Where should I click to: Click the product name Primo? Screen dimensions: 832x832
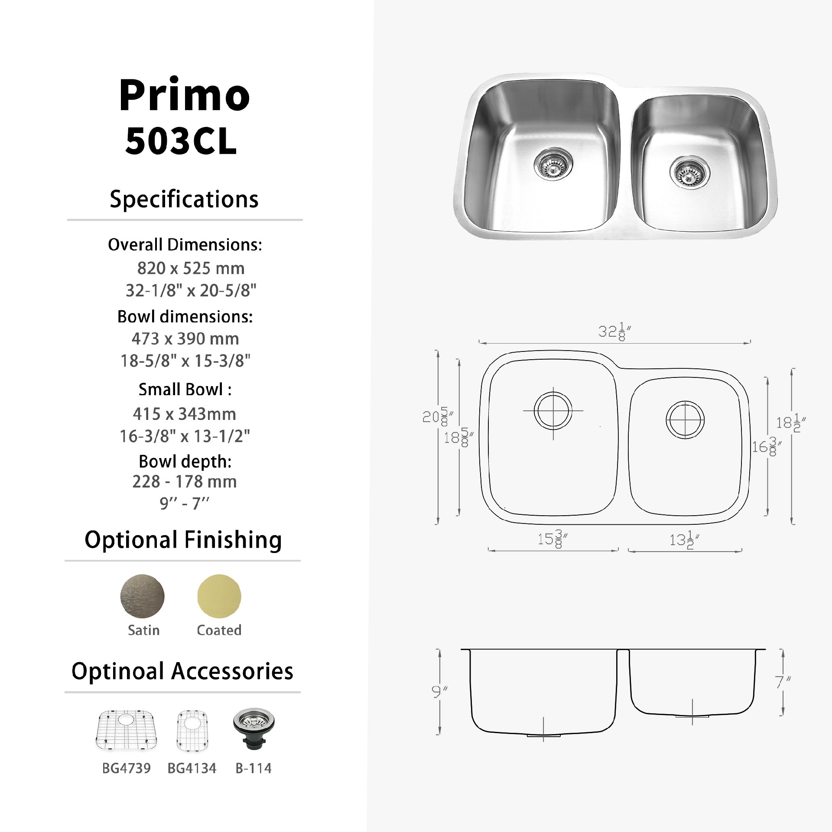(x=185, y=96)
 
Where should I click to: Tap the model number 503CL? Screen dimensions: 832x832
(x=181, y=141)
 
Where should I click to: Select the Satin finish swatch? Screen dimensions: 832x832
(x=142, y=596)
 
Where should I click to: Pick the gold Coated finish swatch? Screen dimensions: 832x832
(x=219, y=596)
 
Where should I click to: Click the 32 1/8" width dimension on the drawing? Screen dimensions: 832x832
(x=614, y=332)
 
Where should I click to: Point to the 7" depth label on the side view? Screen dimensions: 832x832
(x=782, y=683)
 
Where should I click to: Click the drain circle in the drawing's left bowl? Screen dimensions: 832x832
(x=553, y=410)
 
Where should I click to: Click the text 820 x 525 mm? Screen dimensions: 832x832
(x=191, y=269)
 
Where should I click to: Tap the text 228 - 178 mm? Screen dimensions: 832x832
(x=185, y=482)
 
